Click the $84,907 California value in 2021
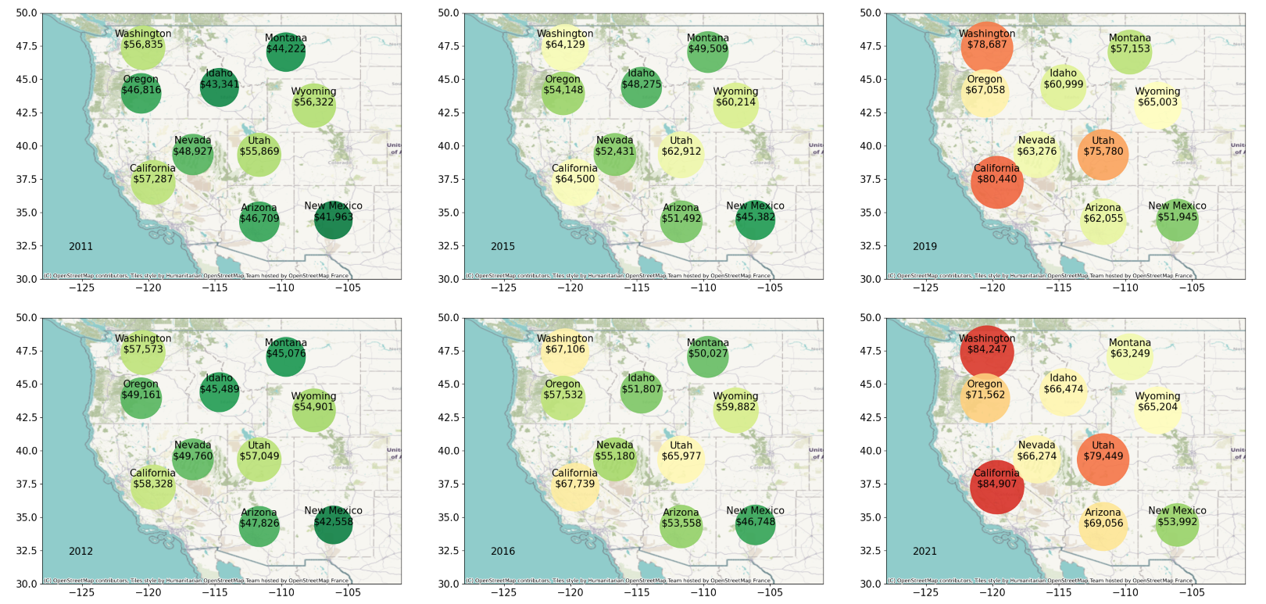(996, 484)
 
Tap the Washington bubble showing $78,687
(987, 48)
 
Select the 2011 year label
(80, 246)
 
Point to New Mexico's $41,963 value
(333, 217)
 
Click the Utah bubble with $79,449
(1103, 459)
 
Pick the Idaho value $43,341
(219, 84)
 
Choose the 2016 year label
(502, 551)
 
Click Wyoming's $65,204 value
(1157, 407)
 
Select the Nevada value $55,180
(614, 456)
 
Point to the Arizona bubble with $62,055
(1103, 221)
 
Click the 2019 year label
(924, 246)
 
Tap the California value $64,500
(574, 180)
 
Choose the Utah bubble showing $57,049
(259, 459)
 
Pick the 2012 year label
(80, 551)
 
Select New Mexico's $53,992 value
(1177, 522)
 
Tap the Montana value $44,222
(285, 48)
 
